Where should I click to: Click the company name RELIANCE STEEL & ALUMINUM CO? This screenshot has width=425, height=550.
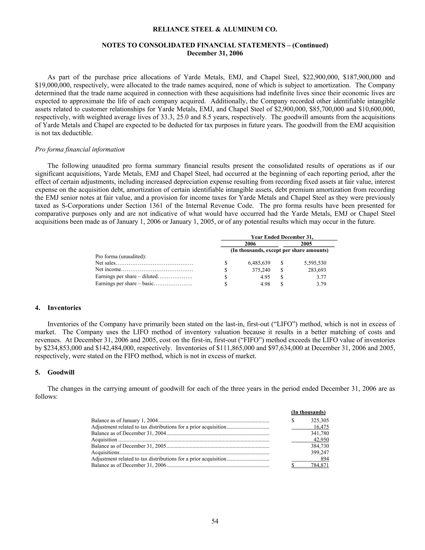click(x=215, y=30)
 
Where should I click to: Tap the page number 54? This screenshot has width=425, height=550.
click(x=215, y=521)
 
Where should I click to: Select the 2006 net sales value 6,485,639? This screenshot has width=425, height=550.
click(x=259, y=263)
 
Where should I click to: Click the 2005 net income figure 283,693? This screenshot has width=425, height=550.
click(x=317, y=270)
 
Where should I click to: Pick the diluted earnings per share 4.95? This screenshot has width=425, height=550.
click(x=265, y=277)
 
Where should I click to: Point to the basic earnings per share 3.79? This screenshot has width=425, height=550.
click(x=321, y=284)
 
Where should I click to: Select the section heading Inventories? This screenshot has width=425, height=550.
click(x=64, y=308)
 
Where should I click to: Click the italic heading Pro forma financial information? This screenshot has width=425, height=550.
click(x=80, y=149)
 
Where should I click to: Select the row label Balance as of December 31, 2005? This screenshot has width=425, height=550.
click(x=129, y=446)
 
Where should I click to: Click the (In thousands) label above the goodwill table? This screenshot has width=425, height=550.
click(x=308, y=412)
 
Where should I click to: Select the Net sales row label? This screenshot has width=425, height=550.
click(x=105, y=263)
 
